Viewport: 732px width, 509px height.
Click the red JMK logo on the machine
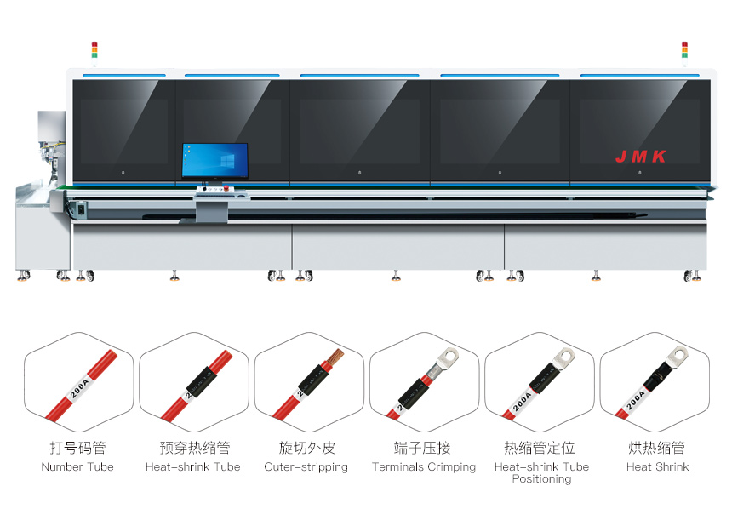(x=640, y=157)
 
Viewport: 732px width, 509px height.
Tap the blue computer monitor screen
(x=214, y=160)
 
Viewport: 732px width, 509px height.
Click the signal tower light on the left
(x=94, y=49)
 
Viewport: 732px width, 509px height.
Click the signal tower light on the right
(x=684, y=49)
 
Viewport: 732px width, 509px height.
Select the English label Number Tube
(x=77, y=466)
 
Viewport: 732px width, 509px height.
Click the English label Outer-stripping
(x=306, y=467)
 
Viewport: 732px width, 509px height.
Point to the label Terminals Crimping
(x=424, y=467)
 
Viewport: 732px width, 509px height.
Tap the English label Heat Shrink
(x=657, y=466)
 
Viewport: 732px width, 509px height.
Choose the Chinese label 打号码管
(x=77, y=448)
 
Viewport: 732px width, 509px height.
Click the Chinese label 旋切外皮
(x=306, y=448)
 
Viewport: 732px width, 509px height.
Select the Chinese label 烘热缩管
(x=656, y=448)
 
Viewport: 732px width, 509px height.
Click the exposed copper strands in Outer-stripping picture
(x=335, y=357)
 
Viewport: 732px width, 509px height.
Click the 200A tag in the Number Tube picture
(x=79, y=388)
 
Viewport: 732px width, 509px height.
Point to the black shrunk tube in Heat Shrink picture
(x=658, y=376)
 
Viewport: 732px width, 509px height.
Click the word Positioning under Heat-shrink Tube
(x=541, y=479)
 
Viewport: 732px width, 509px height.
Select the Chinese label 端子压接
(x=422, y=448)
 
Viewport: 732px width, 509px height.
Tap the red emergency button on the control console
(x=226, y=188)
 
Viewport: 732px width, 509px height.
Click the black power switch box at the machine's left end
(x=81, y=209)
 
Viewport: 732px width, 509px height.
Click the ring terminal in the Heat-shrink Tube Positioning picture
(x=562, y=359)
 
